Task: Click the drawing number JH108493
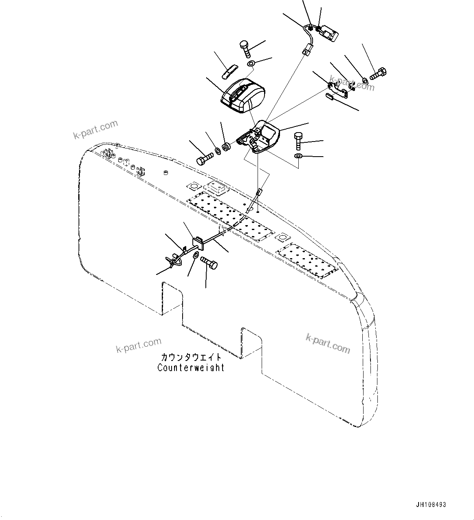pos(431,505)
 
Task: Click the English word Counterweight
pos(191,367)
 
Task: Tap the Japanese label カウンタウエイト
pos(191,357)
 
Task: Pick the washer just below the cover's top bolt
pos(251,64)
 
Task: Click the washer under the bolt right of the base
pos(298,156)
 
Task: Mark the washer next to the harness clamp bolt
pos(196,255)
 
